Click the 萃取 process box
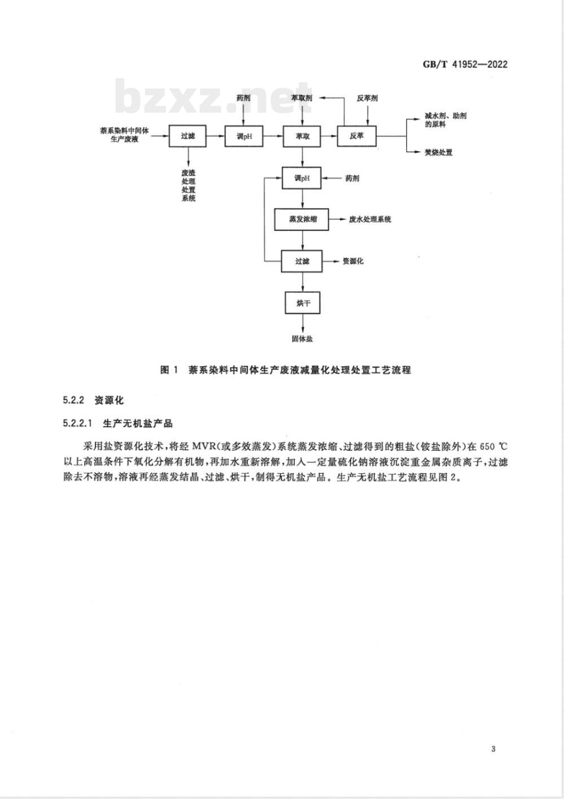pos(302,136)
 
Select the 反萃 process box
pos(356,136)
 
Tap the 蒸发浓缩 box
pos(302,219)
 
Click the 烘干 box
pos(303,303)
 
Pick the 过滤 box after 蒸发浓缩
pos(302,261)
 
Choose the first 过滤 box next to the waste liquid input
pos(188,136)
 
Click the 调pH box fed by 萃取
pos(302,177)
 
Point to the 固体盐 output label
pos(302,339)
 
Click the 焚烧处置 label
pos(438,152)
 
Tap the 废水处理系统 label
pos(370,219)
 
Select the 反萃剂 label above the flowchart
pos(367,98)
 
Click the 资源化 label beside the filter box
pos(353,261)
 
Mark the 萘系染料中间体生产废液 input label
pos(124,135)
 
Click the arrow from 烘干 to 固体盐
pos(303,324)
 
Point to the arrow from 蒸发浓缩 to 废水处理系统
pos(338,219)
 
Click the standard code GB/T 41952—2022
pos(465,64)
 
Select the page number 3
pos(493,748)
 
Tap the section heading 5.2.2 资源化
pos(93,400)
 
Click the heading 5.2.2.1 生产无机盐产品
pos(118,423)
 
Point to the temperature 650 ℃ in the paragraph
pos(493,447)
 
